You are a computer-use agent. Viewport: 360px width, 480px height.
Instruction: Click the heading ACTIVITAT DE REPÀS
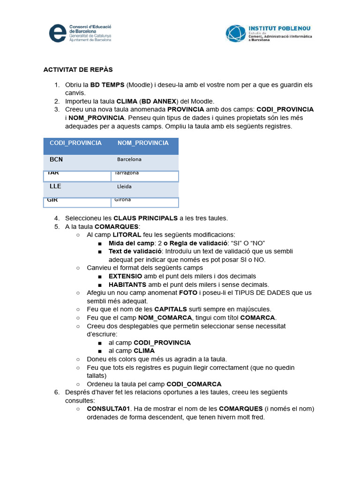(x=78, y=70)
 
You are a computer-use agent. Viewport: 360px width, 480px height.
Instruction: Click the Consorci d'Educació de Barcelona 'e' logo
(x=58, y=33)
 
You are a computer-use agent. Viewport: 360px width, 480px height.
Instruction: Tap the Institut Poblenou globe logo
(x=235, y=34)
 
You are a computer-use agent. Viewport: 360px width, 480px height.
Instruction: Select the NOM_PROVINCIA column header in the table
(x=143, y=143)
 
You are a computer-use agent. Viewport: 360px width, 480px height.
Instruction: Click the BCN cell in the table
(x=56, y=159)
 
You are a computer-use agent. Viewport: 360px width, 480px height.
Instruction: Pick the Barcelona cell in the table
(x=129, y=159)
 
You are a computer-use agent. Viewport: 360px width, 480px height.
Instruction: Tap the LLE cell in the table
(x=55, y=186)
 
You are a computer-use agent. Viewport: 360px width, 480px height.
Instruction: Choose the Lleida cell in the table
(x=124, y=187)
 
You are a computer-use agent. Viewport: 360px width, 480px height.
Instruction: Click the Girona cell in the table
(x=122, y=200)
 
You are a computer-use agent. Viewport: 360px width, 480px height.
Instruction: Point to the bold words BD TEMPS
(x=107, y=85)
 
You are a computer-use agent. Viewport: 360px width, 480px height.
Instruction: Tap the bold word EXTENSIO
(x=128, y=276)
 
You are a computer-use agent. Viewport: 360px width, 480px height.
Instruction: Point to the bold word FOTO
(x=188, y=293)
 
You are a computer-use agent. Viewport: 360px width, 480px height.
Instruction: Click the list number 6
(x=56, y=392)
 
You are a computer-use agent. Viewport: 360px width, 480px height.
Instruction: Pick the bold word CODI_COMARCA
(x=194, y=384)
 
